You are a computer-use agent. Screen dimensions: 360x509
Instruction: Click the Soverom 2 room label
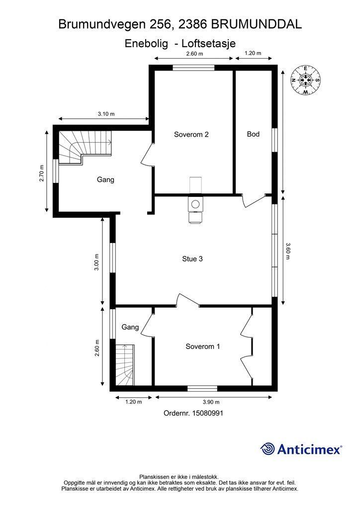(191, 134)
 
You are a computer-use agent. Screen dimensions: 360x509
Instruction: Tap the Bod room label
(253, 134)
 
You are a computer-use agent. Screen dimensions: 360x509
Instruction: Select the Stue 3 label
(192, 258)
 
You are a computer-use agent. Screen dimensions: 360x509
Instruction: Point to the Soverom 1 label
(202, 346)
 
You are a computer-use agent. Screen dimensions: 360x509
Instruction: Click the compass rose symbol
(305, 80)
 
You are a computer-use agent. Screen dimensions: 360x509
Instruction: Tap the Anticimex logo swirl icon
(268, 449)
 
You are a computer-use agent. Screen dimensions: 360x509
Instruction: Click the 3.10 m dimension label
(106, 114)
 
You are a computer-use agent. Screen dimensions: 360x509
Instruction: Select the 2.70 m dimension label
(42, 173)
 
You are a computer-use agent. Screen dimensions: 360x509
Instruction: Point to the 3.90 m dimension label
(211, 402)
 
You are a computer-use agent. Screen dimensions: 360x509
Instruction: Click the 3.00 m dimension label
(97, 262)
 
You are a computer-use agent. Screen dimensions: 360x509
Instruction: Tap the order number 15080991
(208, 413)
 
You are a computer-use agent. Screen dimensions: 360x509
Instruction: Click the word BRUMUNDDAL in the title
(257, 24)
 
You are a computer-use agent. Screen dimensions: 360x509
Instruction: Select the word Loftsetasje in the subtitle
(208, 44)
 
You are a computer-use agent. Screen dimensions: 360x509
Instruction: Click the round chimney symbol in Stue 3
(195, 204)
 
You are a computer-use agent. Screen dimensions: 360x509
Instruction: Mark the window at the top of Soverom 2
(193, 68)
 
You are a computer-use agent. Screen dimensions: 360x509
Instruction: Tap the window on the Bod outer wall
(274, 140)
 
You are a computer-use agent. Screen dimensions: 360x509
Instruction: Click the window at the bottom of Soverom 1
(202, 389)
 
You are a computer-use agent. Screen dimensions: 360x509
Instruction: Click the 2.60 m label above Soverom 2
(194, 54)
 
